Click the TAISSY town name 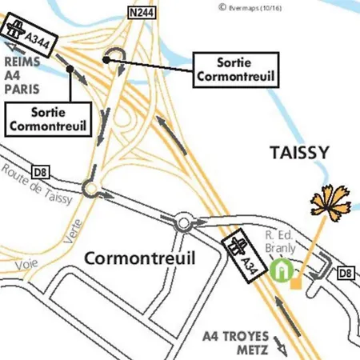300,152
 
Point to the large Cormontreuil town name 140,258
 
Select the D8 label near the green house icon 346,274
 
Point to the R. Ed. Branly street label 282,242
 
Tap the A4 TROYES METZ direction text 234,342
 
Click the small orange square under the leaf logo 296,283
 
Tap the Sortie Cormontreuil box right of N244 236,69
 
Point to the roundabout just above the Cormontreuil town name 184,222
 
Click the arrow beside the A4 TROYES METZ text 282,346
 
